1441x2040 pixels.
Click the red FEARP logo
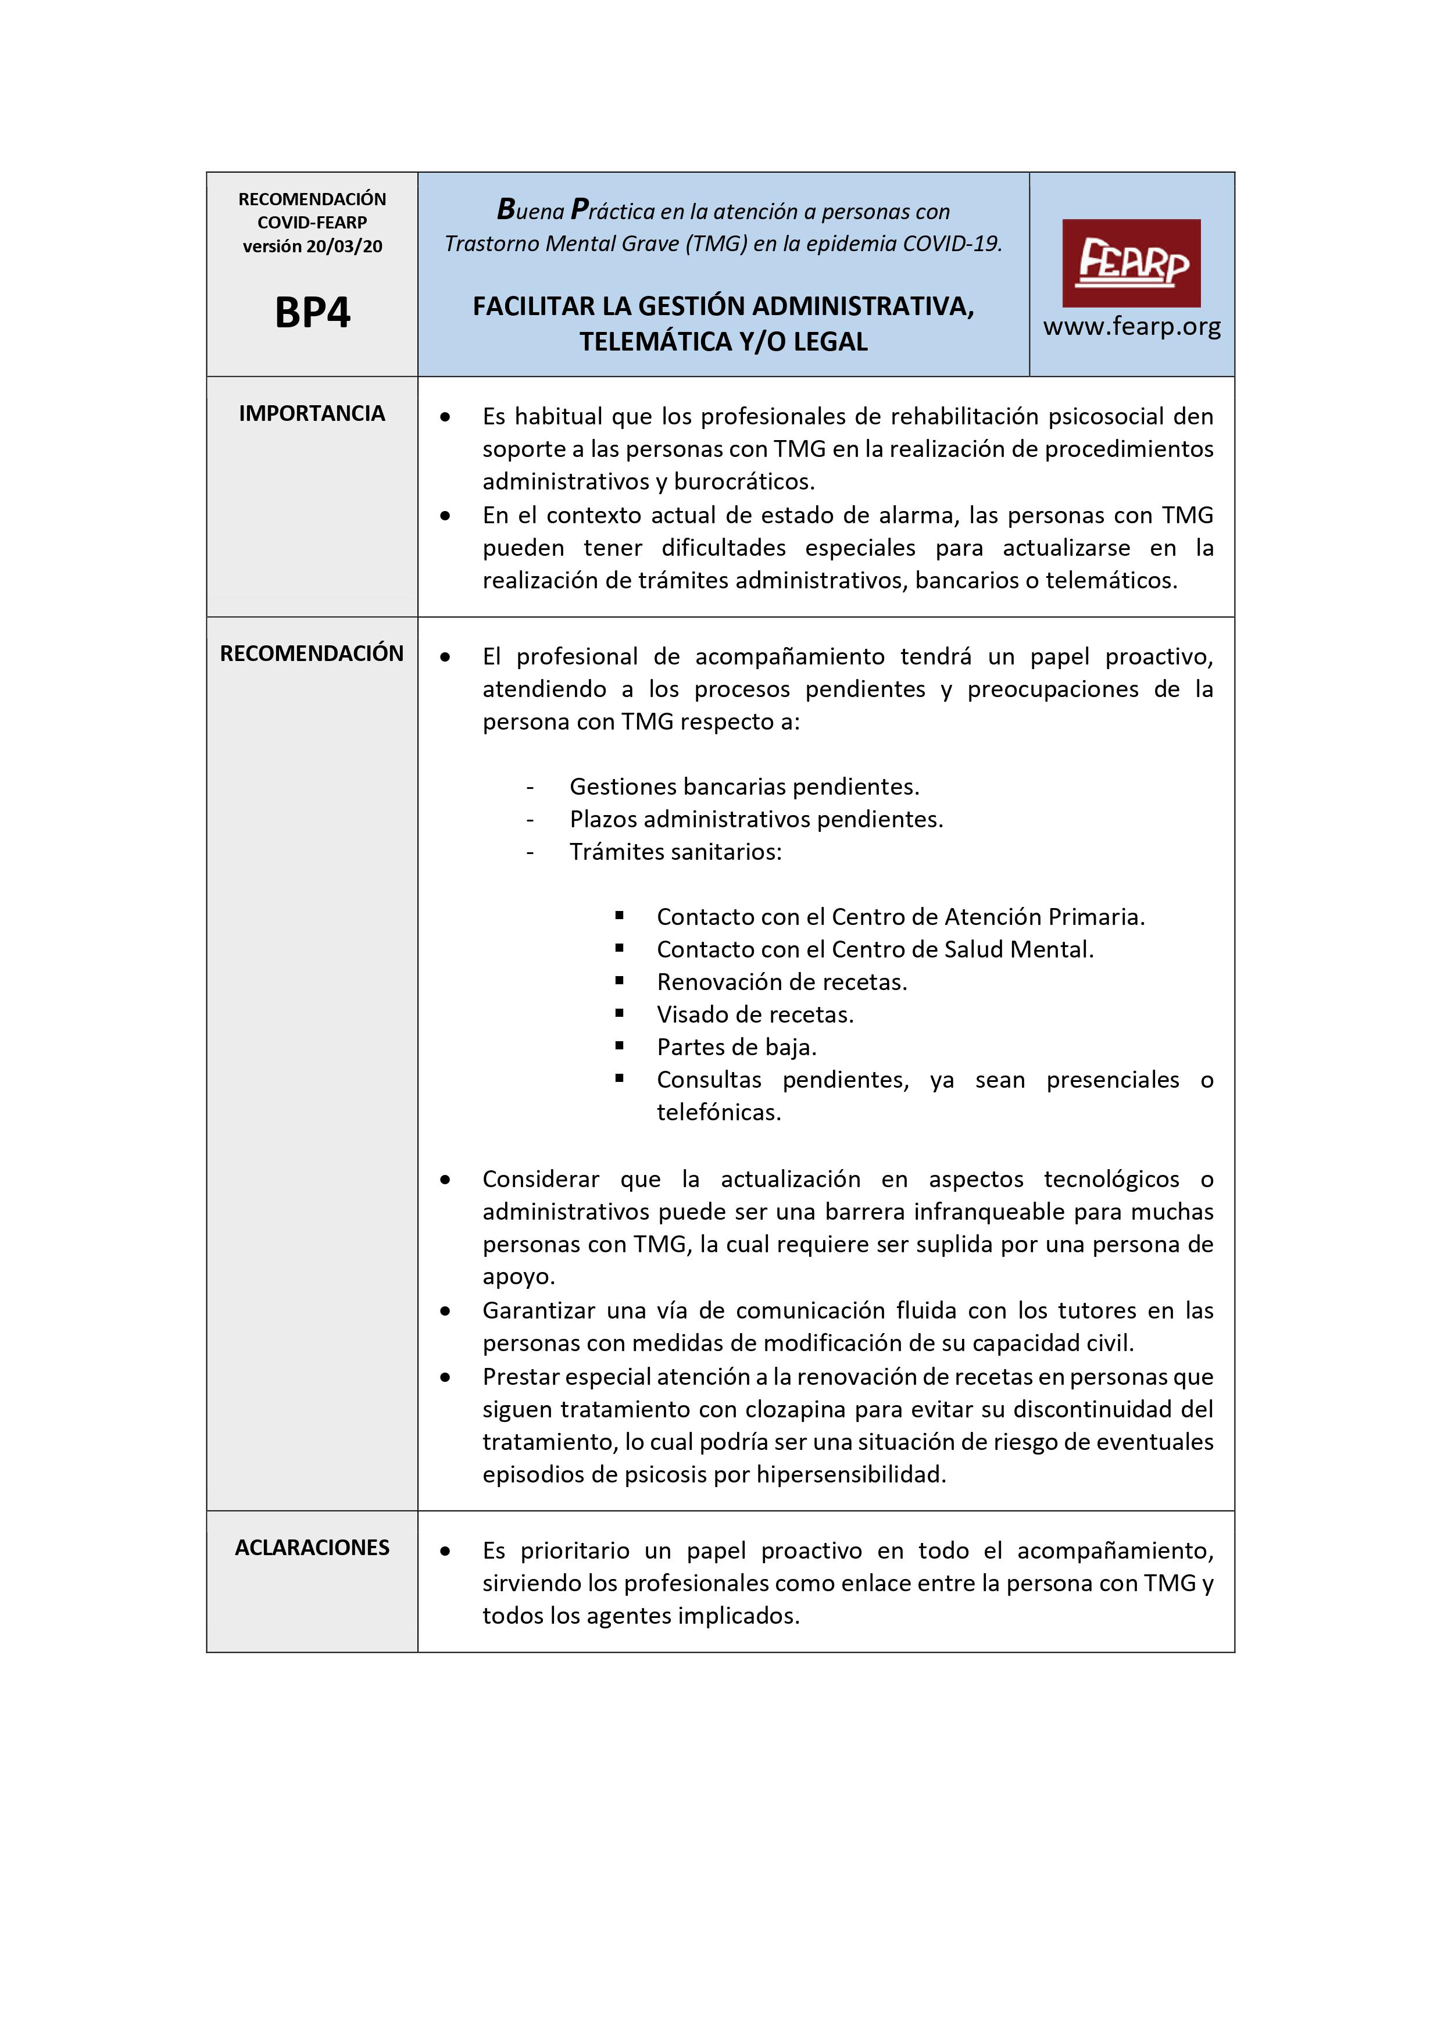coord(1131,263)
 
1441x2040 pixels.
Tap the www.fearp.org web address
coord(1131,327)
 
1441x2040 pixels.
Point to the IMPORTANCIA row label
coord(312,413)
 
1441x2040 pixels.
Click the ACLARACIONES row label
coord(312,1547)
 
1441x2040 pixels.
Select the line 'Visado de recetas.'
coord(755,1014)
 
